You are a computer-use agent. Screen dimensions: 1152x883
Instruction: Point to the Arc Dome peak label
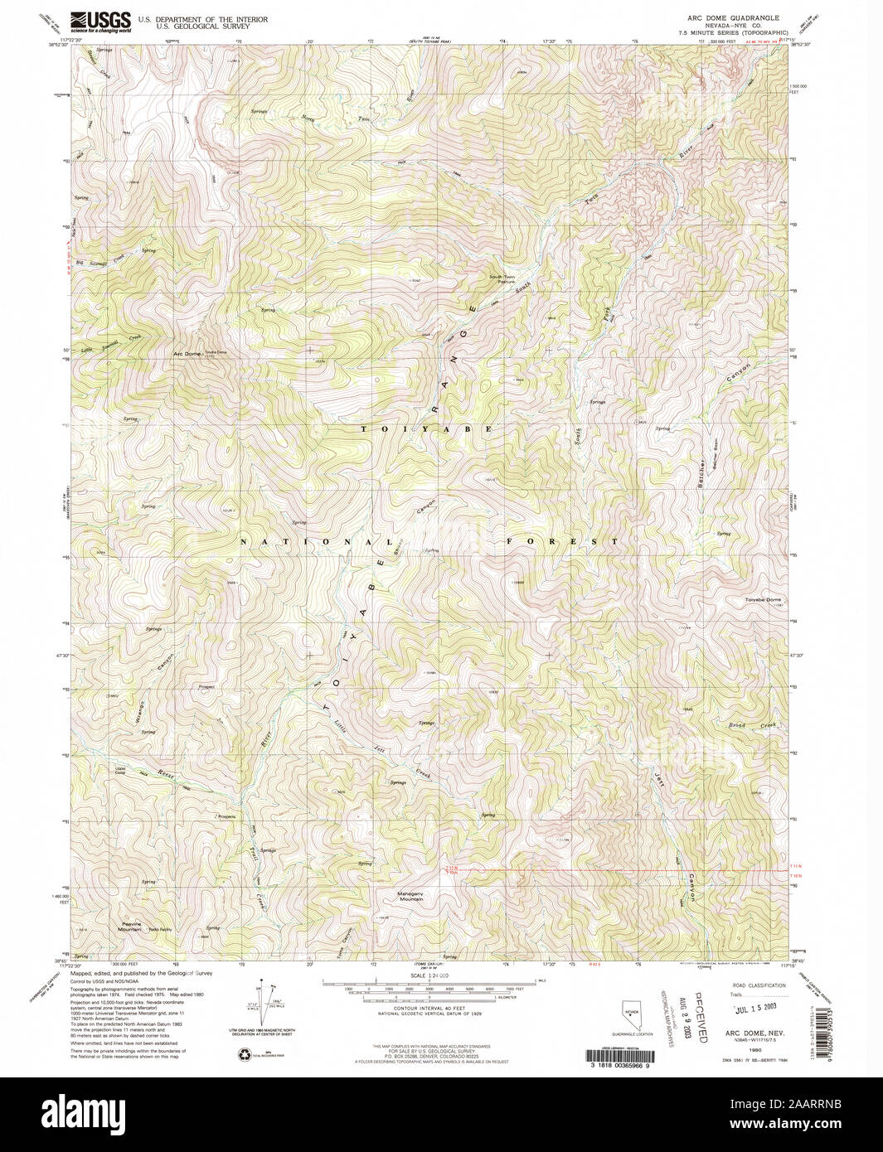click(x=187, y=354)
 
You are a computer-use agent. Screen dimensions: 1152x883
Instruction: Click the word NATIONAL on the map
click(x=316, y=541)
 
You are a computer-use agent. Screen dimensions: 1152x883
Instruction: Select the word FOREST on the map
click(x=562, y=541)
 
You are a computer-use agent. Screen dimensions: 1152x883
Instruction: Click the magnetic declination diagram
click(x=270, y=998)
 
